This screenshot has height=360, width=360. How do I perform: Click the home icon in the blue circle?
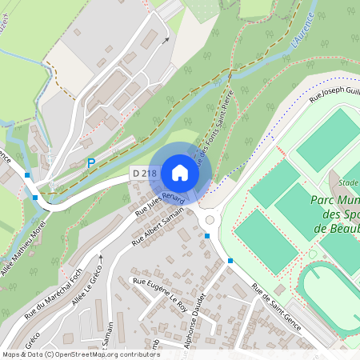point(179,173)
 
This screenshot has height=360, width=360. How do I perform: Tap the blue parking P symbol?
point(91,163)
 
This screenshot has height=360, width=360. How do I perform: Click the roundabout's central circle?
point(210,219)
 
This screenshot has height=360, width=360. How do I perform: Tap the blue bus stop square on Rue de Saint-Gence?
point(230,261)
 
